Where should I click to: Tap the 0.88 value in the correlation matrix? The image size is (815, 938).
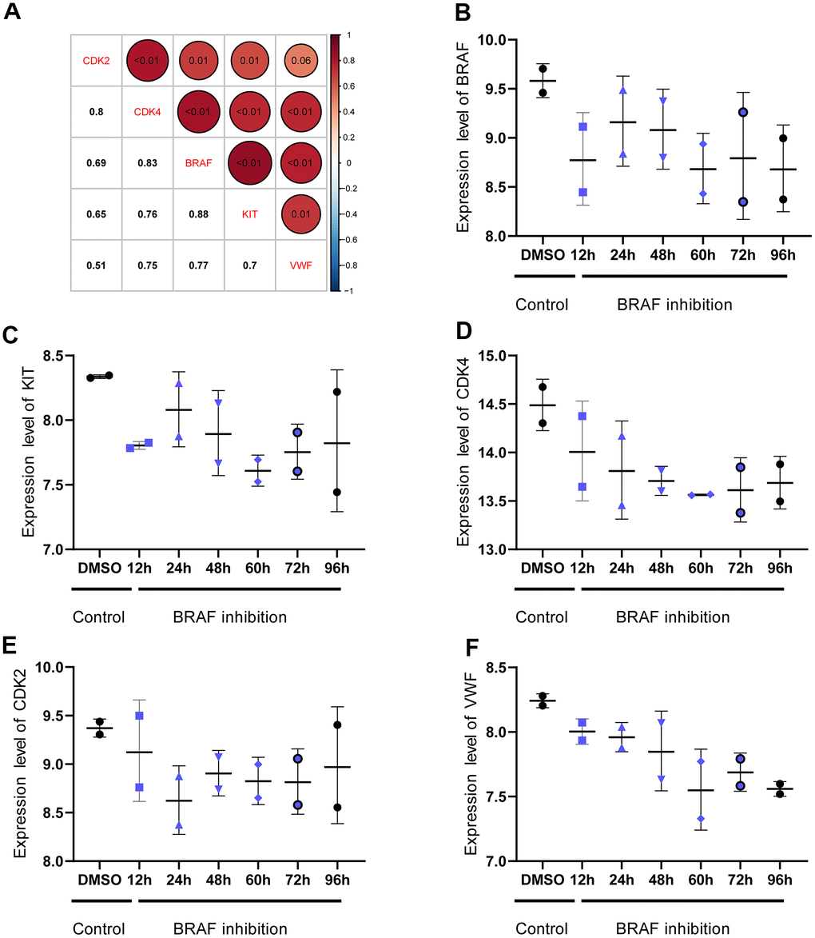[x=197, y=214]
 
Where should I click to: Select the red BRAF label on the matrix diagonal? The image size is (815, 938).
[x=197, y=162]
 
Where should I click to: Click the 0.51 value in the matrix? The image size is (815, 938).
[x=96, y=265]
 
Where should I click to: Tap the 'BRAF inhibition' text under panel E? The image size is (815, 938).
[x=230, y=929]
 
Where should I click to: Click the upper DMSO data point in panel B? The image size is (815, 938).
[x=543, y=69]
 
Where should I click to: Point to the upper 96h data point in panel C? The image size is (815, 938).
[x=336, y=392]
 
